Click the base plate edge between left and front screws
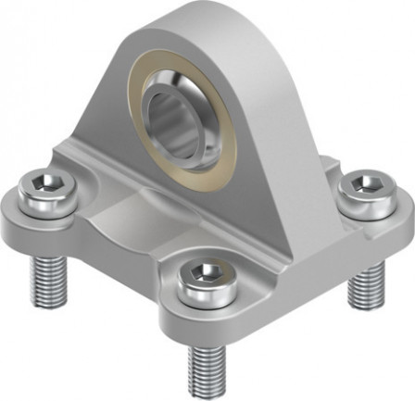click(111, 278)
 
